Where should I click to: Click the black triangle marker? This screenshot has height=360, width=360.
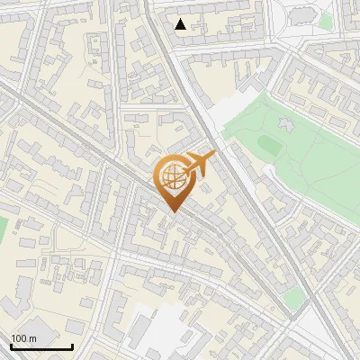point(181,24)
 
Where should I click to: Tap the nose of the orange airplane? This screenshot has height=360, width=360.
point(214,154)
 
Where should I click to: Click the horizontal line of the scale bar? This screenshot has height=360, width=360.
point(41,346)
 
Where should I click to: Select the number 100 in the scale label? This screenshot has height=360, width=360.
point(19,337)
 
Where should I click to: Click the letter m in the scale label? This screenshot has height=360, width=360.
point(32,337)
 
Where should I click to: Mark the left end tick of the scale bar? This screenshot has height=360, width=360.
point(11,345)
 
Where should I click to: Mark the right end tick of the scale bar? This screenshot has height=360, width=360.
point(72,345)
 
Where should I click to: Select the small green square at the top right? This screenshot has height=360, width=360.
point(325,21)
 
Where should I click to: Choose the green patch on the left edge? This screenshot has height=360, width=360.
point(3,229)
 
